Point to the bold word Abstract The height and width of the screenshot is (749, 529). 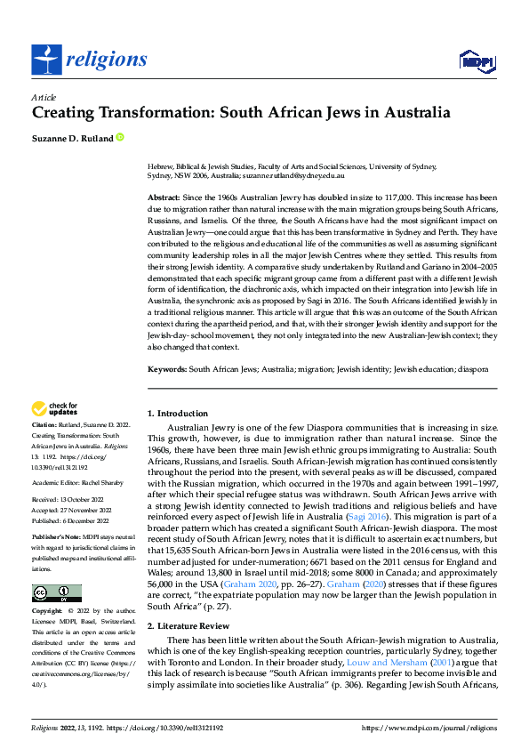click(x=162, y=197)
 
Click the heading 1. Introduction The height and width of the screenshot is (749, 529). click(x=178, y=414)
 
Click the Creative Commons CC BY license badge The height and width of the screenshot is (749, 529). click(x=56, y=593)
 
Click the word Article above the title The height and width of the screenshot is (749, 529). click(x=43, y=97)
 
